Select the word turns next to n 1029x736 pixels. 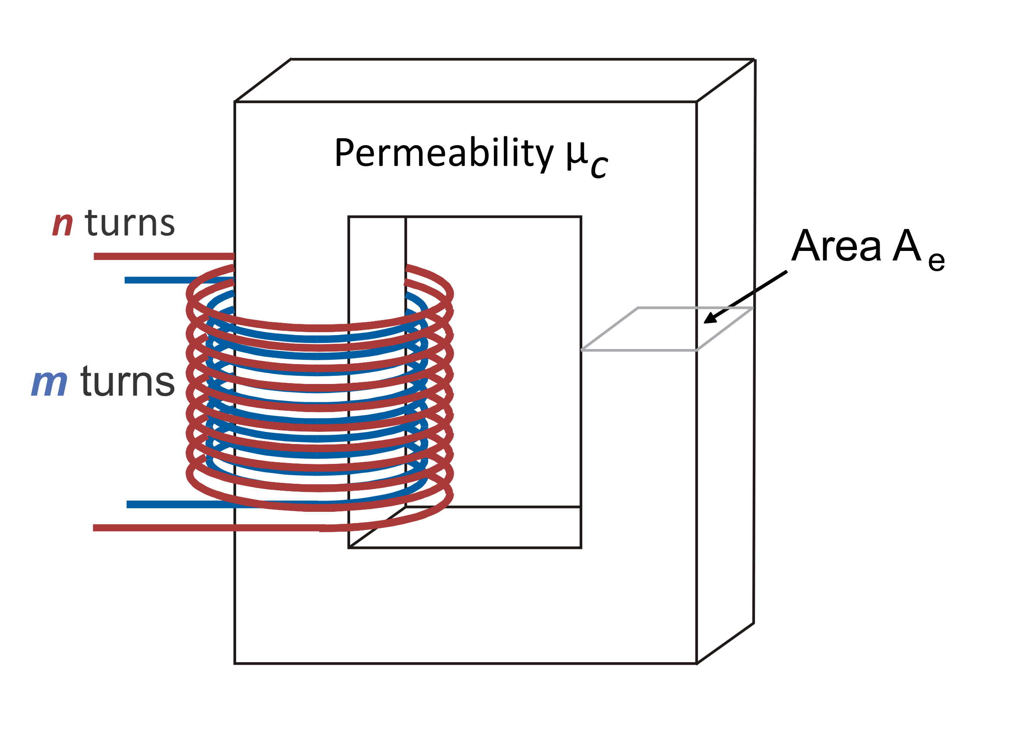coord(129,223)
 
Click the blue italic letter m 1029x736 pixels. coord(49,382)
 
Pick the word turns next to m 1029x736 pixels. coord(127,382)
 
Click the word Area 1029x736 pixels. coord(836,246)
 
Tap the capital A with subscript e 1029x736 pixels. coord(906,246)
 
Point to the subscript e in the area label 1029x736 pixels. coord(936,261)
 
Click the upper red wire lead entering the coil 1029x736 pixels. coord(163,257)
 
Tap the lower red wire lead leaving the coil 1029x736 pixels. coord(181,528)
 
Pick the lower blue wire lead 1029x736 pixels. coord(181,504)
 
